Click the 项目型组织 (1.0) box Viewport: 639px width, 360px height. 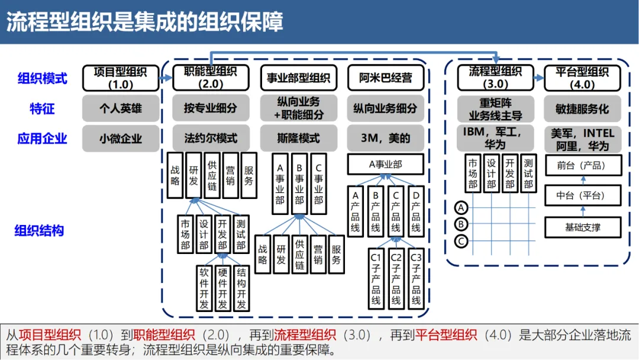pyautogui.click(x=121, y=78)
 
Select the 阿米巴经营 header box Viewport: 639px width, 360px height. pyautogui.click(x=385, y=78)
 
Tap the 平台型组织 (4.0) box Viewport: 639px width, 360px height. pyautogui.click(x=582, y=78)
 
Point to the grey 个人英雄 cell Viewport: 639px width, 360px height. pyautogui.click(x=121, y=108)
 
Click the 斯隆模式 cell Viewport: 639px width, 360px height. pyautogui.click(x=299, y=139)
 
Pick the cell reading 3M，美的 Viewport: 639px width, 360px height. pyautogui.click(x=385, y=139)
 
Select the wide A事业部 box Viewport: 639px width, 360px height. pyautogui.click(x=385, y=165)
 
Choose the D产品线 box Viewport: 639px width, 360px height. pyautogui.click(x=416, y=211)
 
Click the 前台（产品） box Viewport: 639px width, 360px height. pyautogui.click(x=582, y=166)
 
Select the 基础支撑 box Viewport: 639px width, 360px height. pyautogui.click(x=582, y=227)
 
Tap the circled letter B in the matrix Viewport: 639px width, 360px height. pyautogui.click(x=461, y=224)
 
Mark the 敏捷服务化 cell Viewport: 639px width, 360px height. pyautogui.click(x=582, y=108)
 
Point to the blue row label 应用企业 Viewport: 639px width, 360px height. pyautogui.click(x=42, y=139)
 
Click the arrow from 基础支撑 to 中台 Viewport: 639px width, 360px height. pyautogui.click(x=582, y=211)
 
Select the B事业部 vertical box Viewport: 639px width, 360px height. pyautogui.click(x=299, y=184)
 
